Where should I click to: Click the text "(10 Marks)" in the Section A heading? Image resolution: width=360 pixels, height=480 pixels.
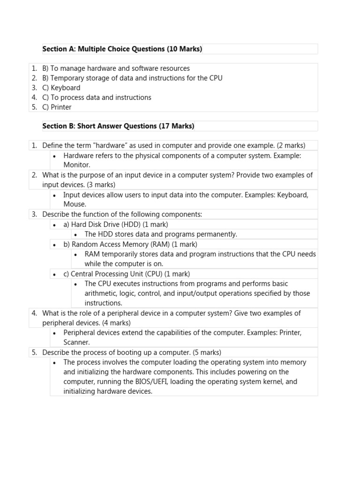pyautogui.click(x=184, y=49)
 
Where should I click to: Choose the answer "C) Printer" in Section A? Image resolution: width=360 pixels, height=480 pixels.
pyautogui.click(x=57, y=107)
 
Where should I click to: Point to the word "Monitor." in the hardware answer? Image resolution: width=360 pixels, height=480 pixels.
pyautogui.click(x=77, y=165)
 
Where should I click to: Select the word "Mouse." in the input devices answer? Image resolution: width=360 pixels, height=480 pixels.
pyautogui.click(x=75, y=204)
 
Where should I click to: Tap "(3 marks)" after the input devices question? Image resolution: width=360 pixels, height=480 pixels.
pyautogui.click(x=101, y=185)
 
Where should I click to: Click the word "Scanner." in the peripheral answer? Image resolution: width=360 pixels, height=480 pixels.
pyautogui.click(x=77, y=342)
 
